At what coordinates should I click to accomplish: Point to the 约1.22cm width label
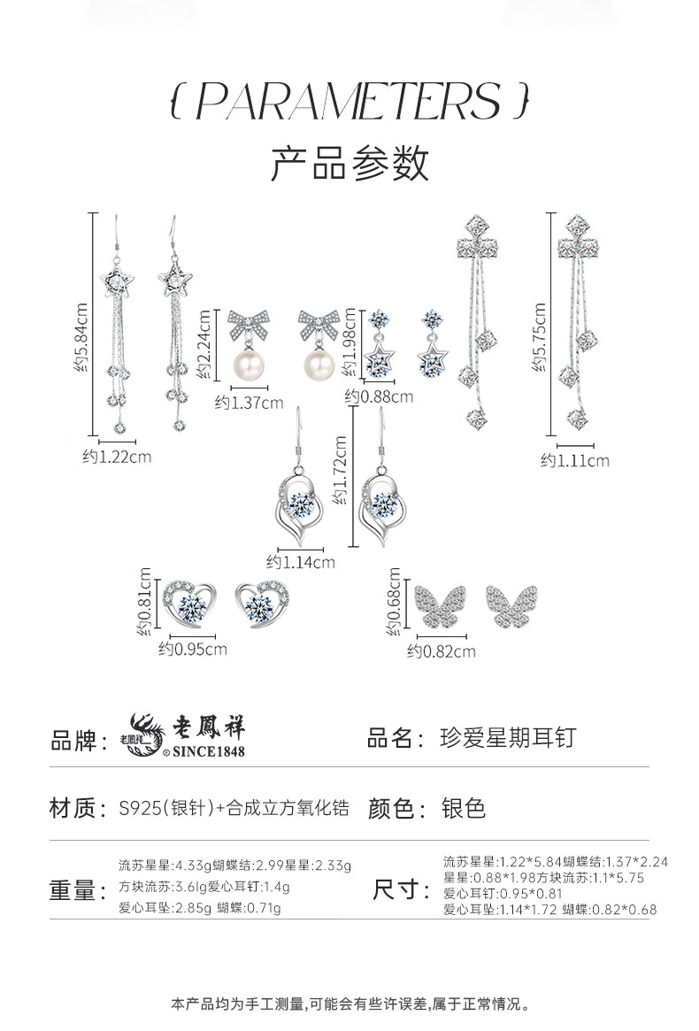coord(117,457)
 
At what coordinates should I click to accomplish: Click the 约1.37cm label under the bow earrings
coord(249,403)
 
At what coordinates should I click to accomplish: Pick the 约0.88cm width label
coord(379,396)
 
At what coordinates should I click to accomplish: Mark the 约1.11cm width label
coord(575,460)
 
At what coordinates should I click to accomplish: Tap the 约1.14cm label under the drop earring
coord(301,562)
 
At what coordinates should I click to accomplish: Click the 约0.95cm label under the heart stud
coord(193,650)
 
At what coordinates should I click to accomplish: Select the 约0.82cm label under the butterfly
coord(442,651)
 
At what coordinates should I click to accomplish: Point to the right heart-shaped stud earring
coord(263,604)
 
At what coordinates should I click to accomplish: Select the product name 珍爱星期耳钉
coord(507,738)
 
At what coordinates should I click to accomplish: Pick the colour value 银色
coord(464,808)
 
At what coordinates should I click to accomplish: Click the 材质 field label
coord(72,808)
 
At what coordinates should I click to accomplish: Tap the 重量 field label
coord(72,890)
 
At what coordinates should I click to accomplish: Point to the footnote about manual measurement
coord(349,1004)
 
